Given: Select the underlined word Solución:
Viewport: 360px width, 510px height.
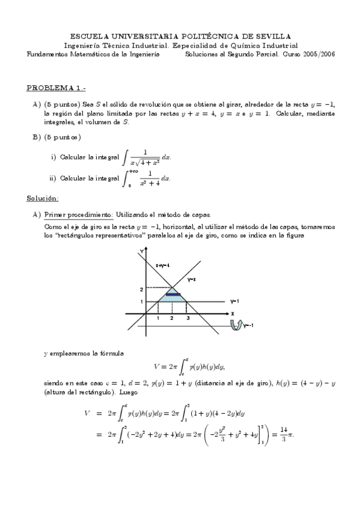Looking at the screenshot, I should pos(43,198).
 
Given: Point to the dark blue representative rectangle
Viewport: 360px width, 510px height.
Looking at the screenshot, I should pos(173,294).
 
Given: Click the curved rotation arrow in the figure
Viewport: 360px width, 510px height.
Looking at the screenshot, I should pos(236,325).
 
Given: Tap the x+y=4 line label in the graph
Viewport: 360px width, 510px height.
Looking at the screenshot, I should pos(163,265).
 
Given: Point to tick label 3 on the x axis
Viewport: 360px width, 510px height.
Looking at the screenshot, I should pos(188,318).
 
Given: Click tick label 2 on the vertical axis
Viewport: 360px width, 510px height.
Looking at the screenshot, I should pos(141,289).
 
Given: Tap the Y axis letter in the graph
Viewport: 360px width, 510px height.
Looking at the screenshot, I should pos(141,250).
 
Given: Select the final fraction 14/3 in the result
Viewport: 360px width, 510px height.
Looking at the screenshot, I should pos(282,435).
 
